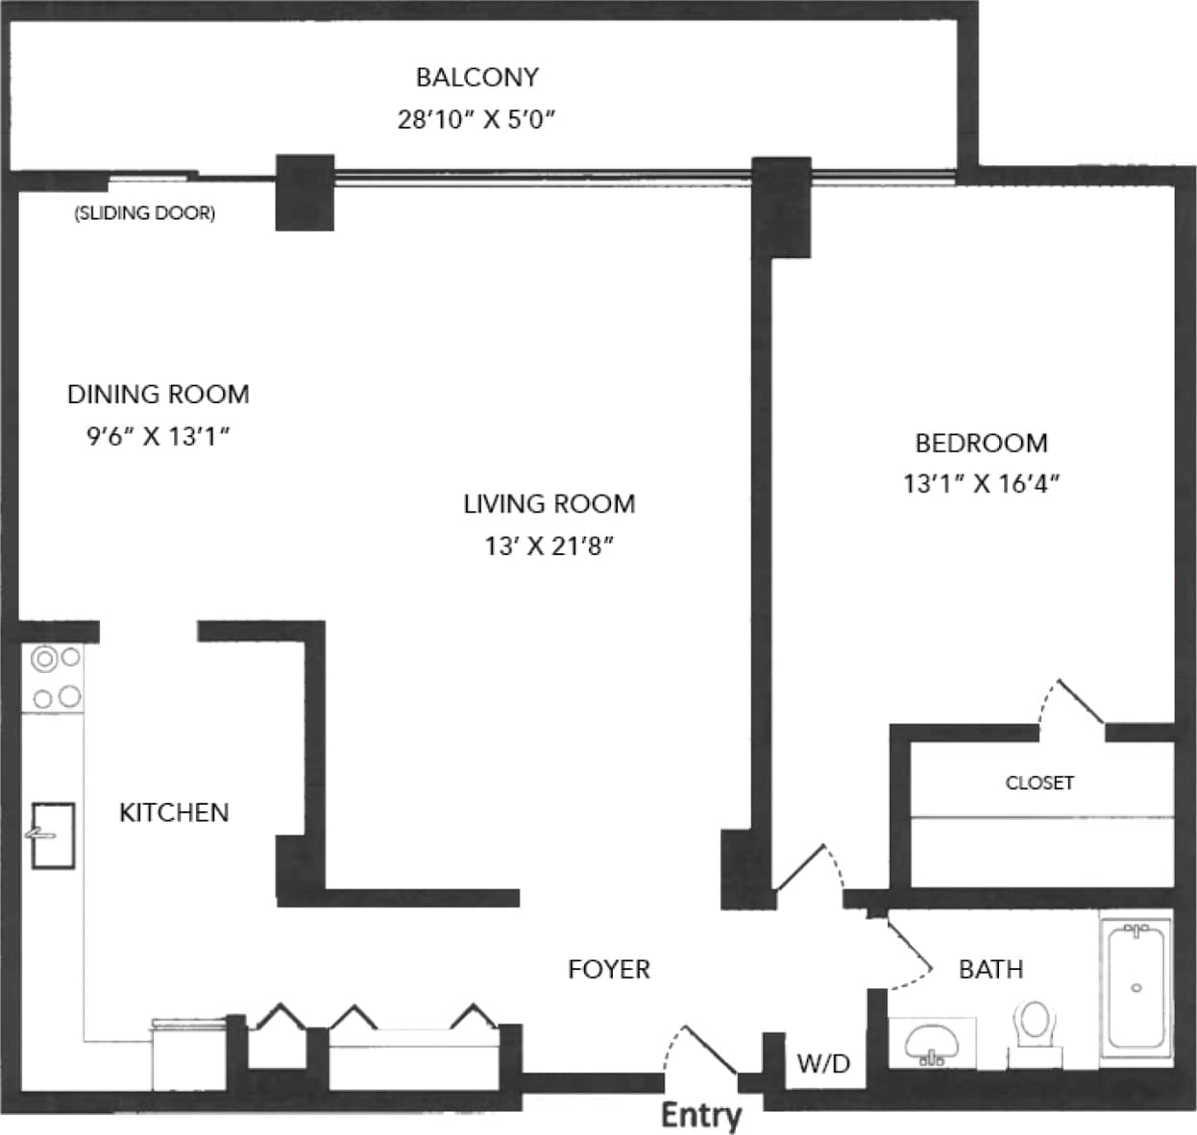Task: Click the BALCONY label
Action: click(x=476, y=77)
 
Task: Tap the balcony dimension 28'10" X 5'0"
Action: click(x=476, y=119)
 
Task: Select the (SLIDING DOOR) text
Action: click(x=145, y=213)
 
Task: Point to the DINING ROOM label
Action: click(x=159, y=394)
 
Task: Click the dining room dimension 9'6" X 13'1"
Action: click(x=159, y=436)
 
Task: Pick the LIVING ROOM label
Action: click(x=550, y=503)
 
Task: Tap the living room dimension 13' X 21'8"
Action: click(x=550, y=545)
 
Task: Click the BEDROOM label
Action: click(x=981, y=443)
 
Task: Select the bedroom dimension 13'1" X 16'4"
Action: click(x=981, y=483)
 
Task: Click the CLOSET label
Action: click(x=1039, y=783)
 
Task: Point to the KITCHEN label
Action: click(x=174, y=812)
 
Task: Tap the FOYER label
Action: click(x=609, y=969)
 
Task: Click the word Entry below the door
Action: click(x=701, y=1115)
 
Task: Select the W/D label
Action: click(x=823, y=1063)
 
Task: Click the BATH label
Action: click(x=990, y=969)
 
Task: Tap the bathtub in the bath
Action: click(x=1136, y=986)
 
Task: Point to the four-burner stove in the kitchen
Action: click(x=56, y=678)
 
